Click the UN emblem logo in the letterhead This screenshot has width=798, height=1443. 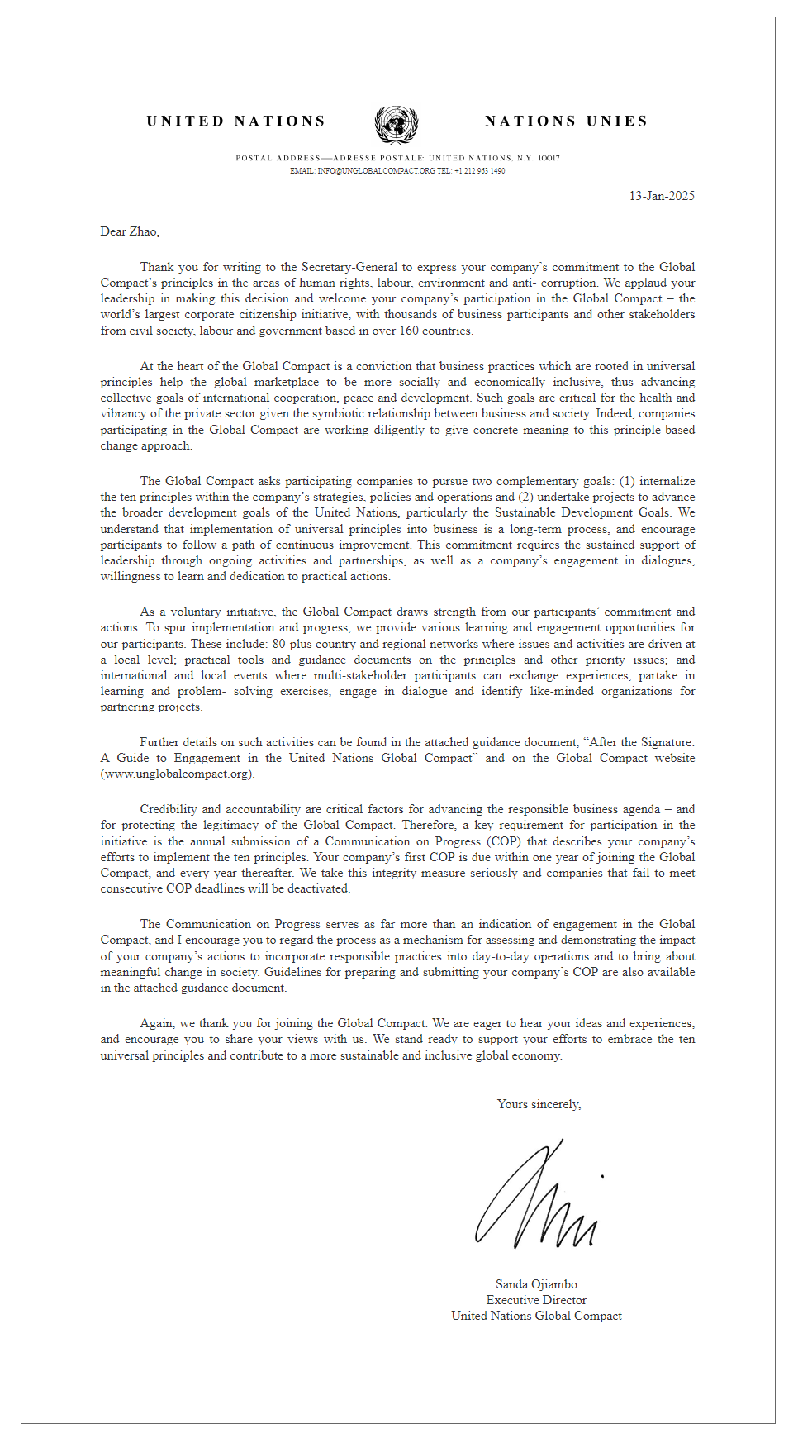click(397, 125)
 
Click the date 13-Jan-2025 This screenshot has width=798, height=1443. click(662, 196)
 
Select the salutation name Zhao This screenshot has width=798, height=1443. click(144, 231)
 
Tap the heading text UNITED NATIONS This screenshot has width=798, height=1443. click(236, 121)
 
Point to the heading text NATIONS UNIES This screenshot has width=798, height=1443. click(566, 121)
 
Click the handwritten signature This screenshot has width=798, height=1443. click(537, 1198)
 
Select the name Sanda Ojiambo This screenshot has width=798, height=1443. click(536, 1284)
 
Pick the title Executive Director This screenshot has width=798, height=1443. click(536, 1300)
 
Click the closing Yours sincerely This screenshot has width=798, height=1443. click(539, 1104)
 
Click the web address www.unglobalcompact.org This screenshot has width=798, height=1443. click(178, 774)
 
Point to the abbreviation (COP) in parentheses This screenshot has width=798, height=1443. click(504, 841)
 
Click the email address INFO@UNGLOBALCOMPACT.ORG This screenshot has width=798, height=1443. click(376, 171)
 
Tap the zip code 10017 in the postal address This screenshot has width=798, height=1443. click(549, 158)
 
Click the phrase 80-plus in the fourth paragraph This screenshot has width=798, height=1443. click(292, 644)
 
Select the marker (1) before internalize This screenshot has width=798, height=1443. click(627, 481)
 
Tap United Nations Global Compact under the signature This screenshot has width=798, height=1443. click(536, 1316)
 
